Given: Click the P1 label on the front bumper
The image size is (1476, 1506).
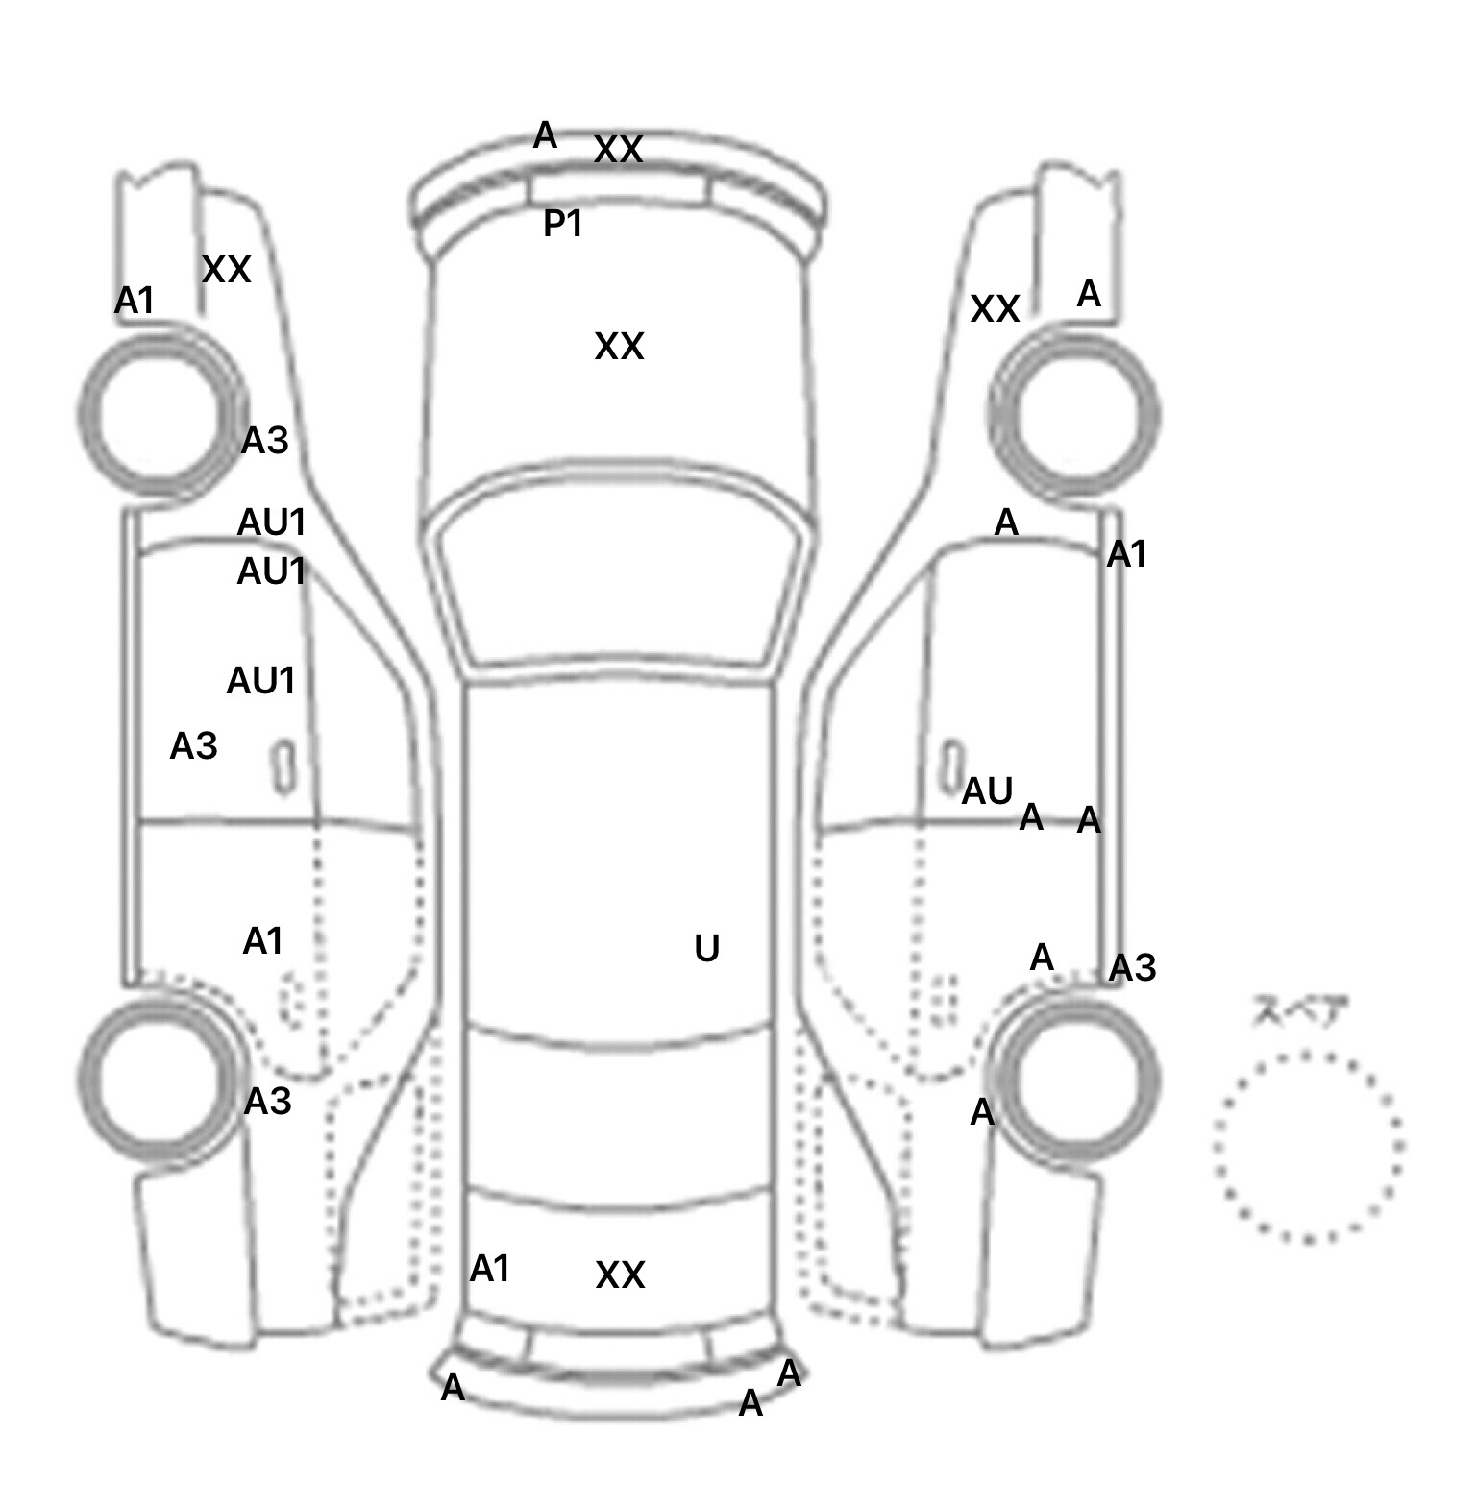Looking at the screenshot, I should click(x=563, y=224).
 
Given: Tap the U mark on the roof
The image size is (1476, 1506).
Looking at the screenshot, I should click(x=706, y=949).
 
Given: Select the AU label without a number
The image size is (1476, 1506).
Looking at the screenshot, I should click(x=987, y=791).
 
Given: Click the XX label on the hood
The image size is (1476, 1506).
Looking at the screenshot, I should click(x=619, y=347).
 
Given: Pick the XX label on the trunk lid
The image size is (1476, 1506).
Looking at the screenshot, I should click(x=620, y=1275).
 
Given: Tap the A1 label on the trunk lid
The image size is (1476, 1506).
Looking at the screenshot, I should click(x=489, y=1270).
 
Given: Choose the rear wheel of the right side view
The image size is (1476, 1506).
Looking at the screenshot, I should click(x=1076, y=1076).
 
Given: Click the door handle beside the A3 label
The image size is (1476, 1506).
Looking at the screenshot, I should click(x=283, y=766).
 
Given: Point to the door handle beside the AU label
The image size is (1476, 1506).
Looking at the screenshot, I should click(x=951, y=765).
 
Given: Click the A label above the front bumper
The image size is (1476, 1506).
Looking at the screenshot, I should click(x=545, y=136).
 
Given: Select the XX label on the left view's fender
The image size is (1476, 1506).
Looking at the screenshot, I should click(x=226, y=271).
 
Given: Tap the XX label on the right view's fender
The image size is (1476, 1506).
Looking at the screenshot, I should click(x=995, y=309).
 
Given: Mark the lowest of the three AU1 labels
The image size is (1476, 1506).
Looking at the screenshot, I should click(x=260, y=681).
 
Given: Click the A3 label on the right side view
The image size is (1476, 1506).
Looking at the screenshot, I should click(x=1132, y=968).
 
